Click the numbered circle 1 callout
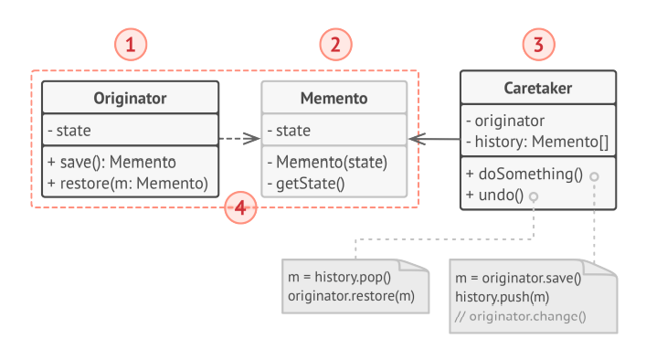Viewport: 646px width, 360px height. tap(132, 43)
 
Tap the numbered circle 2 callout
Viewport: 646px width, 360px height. tap(334, 43)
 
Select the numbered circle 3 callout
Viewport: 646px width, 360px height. tap(538, 43)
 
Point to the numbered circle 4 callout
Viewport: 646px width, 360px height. tap(240, 208)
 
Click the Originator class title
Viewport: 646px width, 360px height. tap(130, 98)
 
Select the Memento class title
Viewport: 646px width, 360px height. tap(334, 98)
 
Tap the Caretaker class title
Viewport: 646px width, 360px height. tap(538, 89)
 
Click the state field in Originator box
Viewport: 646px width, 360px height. tap(69, 130)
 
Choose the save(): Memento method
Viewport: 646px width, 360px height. tap(111, 163)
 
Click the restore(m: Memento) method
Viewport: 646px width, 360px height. tap(127, 182)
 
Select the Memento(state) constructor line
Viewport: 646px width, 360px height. tap(327, 163)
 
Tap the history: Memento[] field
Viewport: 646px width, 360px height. tap(537, 140)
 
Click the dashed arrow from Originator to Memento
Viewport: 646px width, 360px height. tap(240, 140)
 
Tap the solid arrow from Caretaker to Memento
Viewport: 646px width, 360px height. tap(433, 140)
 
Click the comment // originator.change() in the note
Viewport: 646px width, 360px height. tap(520, 316)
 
